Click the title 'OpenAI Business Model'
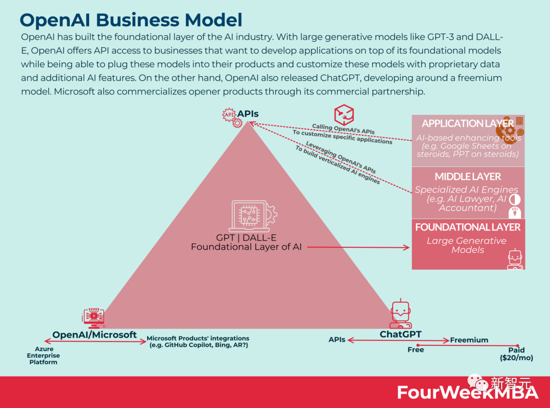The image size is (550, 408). click(131, 20)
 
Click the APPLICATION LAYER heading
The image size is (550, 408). click(468, 124)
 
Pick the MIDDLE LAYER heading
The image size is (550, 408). click(468, 177)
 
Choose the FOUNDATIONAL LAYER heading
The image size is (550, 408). click(468, 227)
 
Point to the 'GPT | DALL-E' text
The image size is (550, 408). click(246, 238)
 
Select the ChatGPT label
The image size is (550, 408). click(400, 334)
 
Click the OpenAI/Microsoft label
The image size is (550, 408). click(95, 335)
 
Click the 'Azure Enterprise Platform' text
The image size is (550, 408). click(43, 356)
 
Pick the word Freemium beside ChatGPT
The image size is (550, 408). click(469, 340)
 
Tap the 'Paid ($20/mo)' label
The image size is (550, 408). click(516, 354)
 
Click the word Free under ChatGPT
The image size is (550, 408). click(416, 350)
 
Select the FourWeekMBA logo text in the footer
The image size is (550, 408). click(468, 392)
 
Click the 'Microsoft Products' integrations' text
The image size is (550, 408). click(198, 341)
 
